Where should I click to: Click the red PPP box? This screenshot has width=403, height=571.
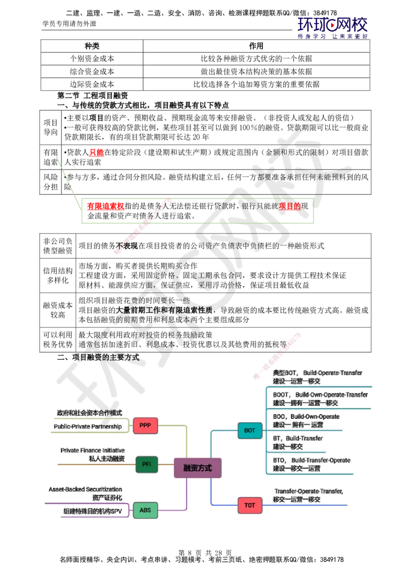click(x=145, y=425)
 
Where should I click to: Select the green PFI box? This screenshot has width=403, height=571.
click(x=147, y=464)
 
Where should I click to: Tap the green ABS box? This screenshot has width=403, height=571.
click(x=145, y=510)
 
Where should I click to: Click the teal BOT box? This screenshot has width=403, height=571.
click(x=250, y=430)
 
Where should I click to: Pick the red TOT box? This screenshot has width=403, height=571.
click(x=250, y=505)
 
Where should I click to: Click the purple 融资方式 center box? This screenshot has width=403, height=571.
click(x=197, y=468)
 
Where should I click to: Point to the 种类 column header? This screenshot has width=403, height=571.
click(x=92, y=46)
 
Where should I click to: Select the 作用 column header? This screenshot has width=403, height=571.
click(x=256, y=46)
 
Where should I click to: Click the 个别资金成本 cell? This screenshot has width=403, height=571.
click(x=92, y=59)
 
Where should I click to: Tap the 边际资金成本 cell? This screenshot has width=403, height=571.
click(x=92, y=84)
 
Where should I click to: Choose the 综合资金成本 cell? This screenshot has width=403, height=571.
click(x=92, y=72)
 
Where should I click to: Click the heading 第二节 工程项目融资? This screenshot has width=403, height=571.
click(x=92, y=95)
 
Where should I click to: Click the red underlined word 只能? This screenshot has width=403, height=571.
click(x=97, y=152)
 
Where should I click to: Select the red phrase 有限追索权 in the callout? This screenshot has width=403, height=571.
click(x=106, y=206)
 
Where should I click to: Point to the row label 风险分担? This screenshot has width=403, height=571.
click(x=50, y=182)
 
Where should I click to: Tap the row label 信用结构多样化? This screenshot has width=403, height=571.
click(x=58, y=275)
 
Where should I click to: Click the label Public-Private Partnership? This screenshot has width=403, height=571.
click(x=88, y=426)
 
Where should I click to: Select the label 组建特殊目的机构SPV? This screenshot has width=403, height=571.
click(x=93, y=511)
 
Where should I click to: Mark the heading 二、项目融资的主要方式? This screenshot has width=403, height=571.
click(x=98, y=357)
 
